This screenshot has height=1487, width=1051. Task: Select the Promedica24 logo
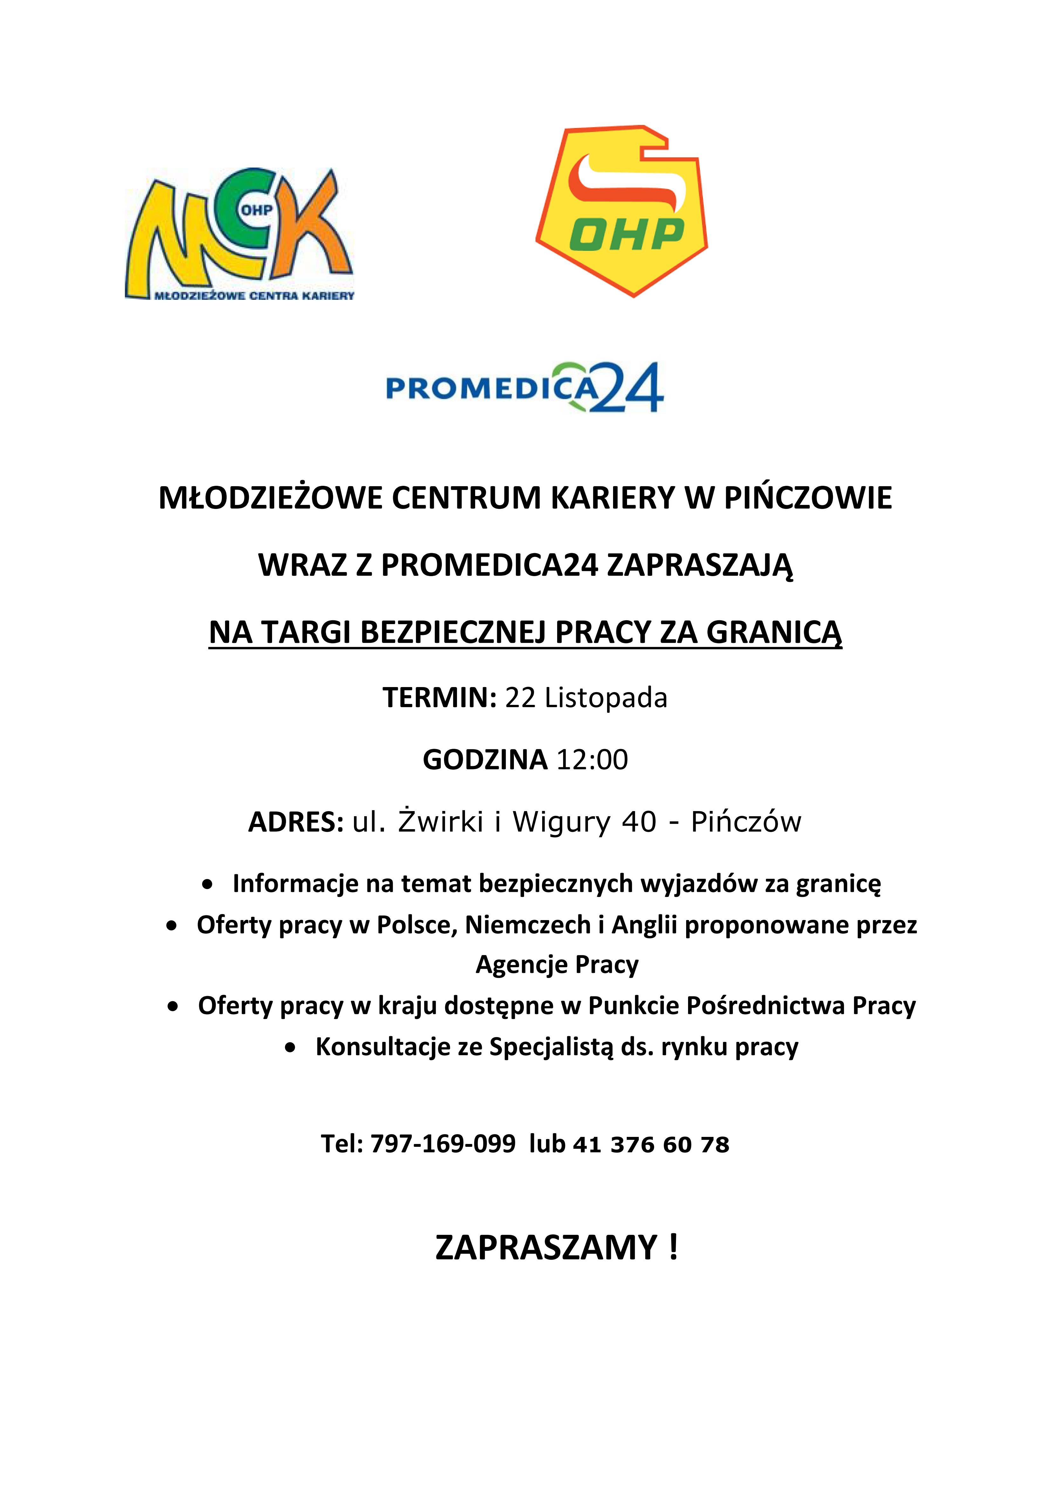(524, 387)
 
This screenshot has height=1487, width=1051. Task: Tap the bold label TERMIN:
(439, 698)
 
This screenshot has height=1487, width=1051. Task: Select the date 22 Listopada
(586, 698)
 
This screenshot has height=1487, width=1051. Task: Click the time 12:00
(592, 760)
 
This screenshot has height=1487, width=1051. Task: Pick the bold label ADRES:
(295, 822)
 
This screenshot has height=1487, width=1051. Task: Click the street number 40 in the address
(638, 822)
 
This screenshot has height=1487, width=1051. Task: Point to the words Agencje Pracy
(557, 964)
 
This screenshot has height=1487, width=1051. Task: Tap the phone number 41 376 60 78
(651, 1144)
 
